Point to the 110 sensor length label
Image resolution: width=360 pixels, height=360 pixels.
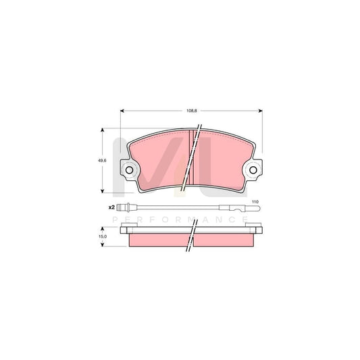(255, 203)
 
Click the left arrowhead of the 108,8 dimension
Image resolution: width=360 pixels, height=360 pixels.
(122, 111)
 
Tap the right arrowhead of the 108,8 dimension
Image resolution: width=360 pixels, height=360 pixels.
(260, 111)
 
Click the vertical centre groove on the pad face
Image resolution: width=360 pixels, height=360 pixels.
(191, 159)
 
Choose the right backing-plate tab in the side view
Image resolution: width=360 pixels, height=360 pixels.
(258, 232)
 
